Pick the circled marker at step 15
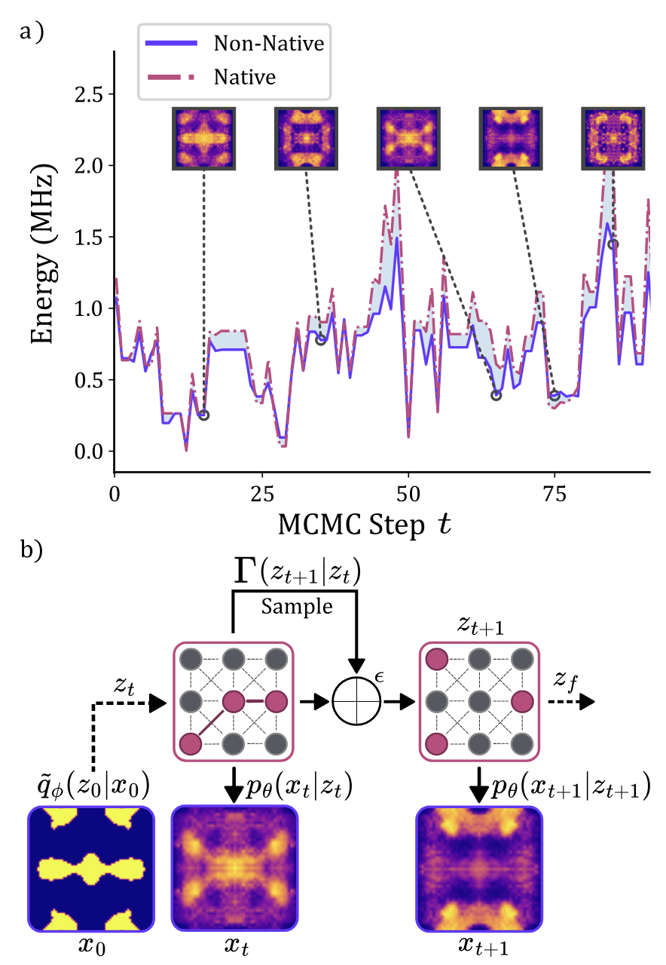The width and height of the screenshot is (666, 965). (x=203, y=415)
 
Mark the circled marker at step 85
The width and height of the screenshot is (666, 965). (x=613, y=244)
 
